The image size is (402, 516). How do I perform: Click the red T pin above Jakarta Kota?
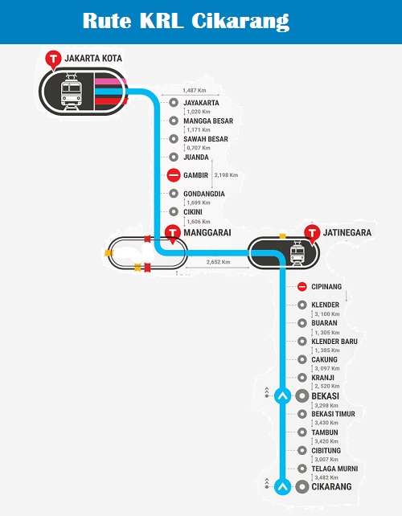[x=53, y=59]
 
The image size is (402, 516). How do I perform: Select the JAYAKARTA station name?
[x=202, y=103]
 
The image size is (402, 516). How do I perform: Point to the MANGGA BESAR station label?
[x=208, y=121]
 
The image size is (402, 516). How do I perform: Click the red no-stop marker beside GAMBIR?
[x=173, y=175]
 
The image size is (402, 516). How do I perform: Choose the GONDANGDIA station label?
[x=207, y=193]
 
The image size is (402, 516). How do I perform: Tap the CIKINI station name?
[x=195, y=211]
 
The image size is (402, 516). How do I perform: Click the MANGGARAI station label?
[x=208, y=233]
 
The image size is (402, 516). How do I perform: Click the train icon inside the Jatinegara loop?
[x=297, y=255]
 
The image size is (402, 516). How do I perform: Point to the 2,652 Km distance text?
[x=219, y=262]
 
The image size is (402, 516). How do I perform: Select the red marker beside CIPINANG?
[x=301, y=287]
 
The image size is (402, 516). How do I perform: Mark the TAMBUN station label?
[x=324, y=432]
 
